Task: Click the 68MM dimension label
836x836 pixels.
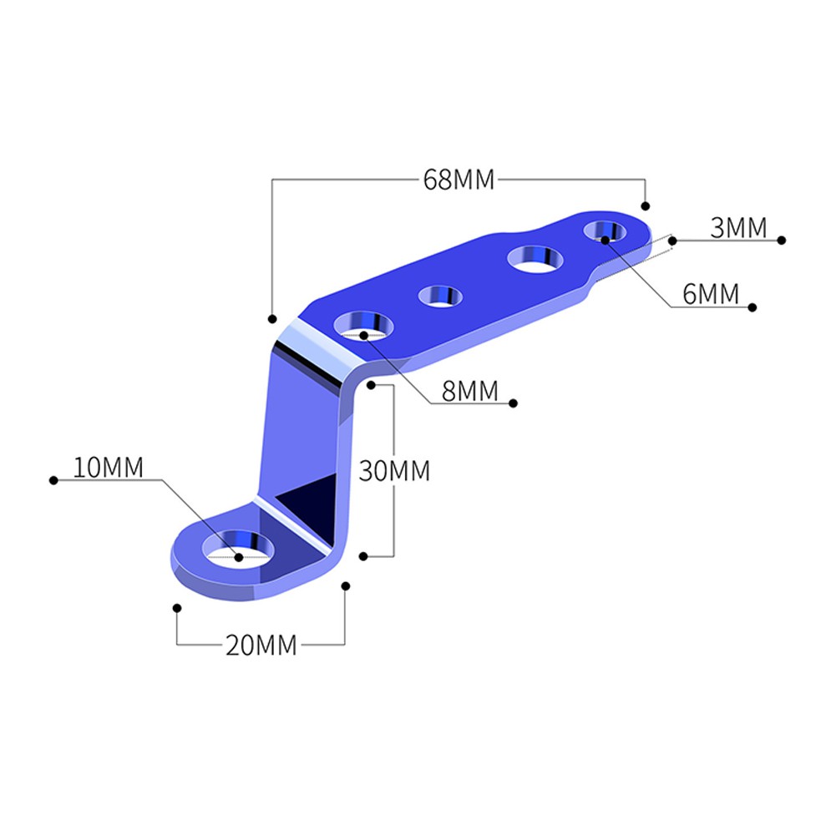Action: point(459,180)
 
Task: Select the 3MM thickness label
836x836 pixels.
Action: point(738,228)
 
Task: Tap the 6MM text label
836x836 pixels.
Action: point(711,294)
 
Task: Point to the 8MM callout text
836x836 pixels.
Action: point(469,391)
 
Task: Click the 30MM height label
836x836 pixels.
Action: point(394,471)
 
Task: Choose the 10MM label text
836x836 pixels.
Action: point(108,468)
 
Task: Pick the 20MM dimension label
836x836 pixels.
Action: point(261,646)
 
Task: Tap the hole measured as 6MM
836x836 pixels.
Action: point(606,231)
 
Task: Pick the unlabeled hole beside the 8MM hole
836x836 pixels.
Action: point(441,296)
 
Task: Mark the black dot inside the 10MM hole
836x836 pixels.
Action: point(239,556)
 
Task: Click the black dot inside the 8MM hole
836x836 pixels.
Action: point(364,335)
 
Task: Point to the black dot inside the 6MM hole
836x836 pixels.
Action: point(605,240)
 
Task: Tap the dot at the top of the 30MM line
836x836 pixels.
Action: point(370,385)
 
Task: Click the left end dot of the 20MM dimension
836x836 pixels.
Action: point(176,608)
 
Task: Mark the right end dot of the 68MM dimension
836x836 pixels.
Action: point(645,205)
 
